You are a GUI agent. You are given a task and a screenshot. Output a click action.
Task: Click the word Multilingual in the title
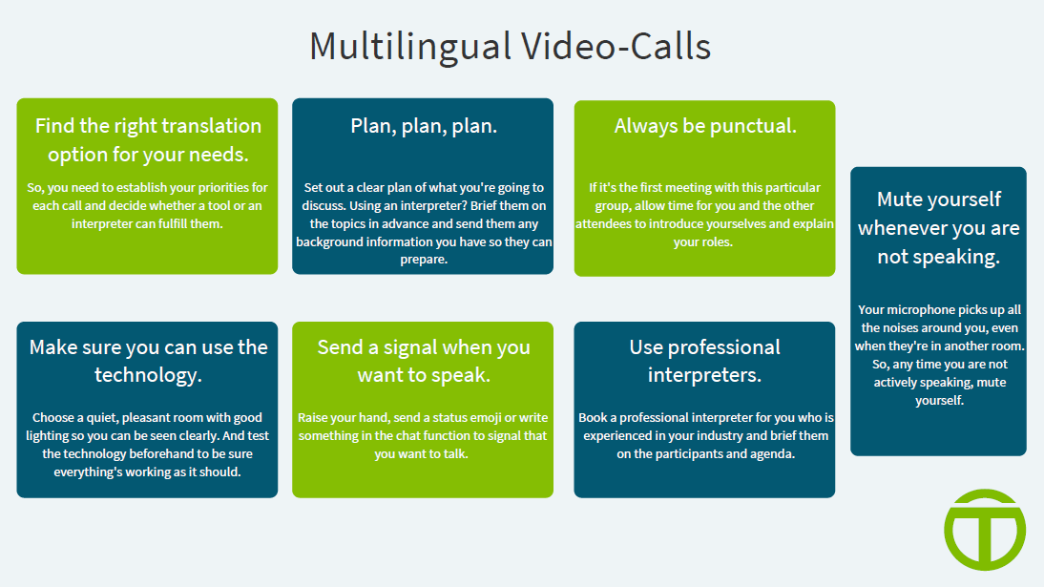(410, 48)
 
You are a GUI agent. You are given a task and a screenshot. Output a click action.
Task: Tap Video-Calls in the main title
(616, 47)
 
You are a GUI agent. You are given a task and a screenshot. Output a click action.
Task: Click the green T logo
(985, 530)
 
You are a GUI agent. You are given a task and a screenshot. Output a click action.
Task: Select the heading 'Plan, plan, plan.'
(424, 127)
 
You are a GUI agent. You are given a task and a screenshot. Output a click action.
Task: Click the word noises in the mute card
(905, 327)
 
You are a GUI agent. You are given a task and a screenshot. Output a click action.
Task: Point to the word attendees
(603, 224)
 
